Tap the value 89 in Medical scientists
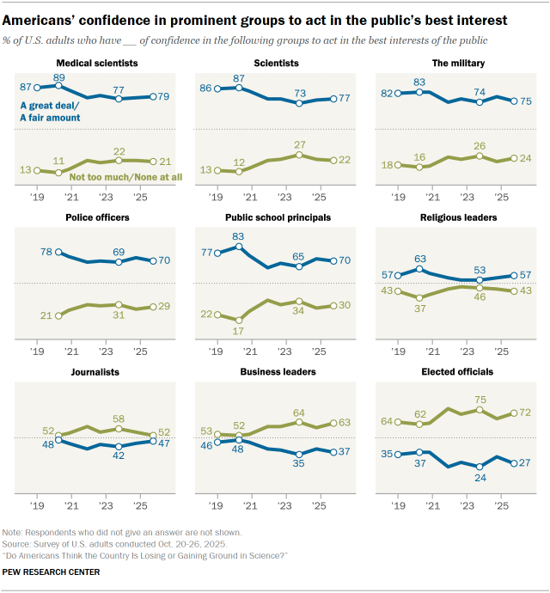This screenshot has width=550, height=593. click(x=58, y=76)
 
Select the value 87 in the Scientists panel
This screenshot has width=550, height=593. click(x=239, y=78)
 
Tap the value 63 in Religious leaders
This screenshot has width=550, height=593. click(x=421, y=258)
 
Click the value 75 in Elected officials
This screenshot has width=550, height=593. click(x=480, y=399)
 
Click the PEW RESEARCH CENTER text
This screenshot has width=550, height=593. click(x=52, y=572)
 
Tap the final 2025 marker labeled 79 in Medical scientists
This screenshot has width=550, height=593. click(x=153, y=98)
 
